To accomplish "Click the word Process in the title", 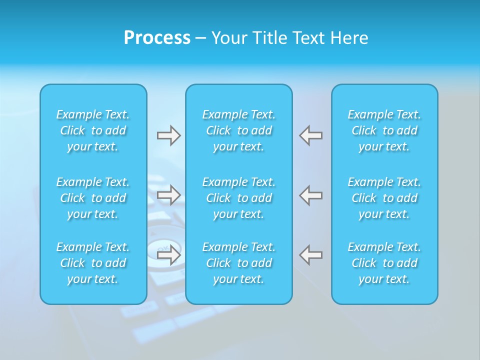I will tap(157, 38).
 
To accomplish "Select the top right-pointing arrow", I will tap(169, 135).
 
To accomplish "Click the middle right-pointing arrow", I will tap(169, 195).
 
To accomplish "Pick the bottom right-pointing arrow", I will tap(169, 255).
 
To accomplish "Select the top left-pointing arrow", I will tap(311, 135).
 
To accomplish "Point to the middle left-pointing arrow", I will tap(311, 195).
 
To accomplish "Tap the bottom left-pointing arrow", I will tap(311, 255).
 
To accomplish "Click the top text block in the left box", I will tap(93, 130).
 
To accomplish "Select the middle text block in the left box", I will tap(93, 198).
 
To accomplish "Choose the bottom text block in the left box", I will tap(93, 263).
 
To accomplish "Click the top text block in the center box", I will tap(239, 130).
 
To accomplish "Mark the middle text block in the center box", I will tap(239, 198).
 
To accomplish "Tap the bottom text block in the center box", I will tap(239, 263).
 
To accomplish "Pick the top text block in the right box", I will tap(384, 130).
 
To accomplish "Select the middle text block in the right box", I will tap(384, 198).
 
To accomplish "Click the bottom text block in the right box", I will tap(384, 263).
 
